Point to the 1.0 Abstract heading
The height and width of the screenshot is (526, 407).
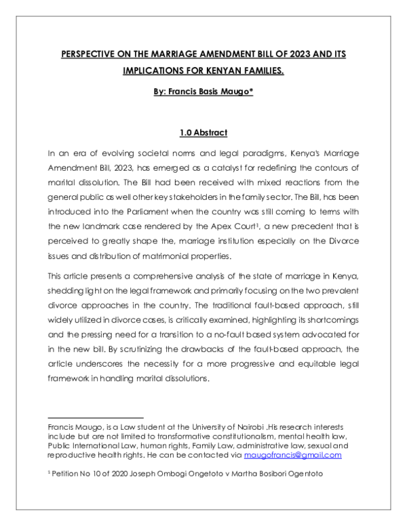point(203,132)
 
